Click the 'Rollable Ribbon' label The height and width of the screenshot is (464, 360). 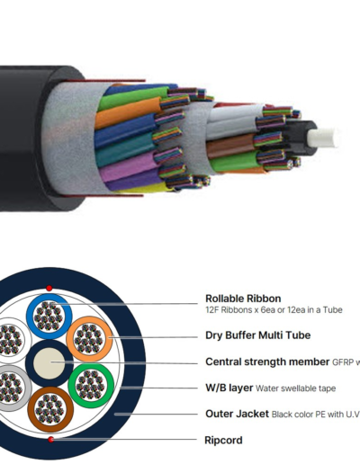click(x=243, y=299)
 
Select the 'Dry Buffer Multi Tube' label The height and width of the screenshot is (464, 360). click(x=258, y=335)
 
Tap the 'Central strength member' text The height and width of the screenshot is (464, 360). click(x=267, y=361)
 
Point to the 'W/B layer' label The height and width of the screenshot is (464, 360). click(x=229, y=388)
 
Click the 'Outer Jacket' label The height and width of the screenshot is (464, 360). click(x=237, y=414)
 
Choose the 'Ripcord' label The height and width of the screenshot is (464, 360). click(x=223, y=441)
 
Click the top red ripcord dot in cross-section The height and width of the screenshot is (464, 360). click(x=49, y=289)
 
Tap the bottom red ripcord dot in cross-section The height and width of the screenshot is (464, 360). click(x=51, y=440)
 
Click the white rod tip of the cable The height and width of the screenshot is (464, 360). click(x=322, y=138)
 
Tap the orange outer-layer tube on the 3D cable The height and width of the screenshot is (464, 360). click(x=128, y=112)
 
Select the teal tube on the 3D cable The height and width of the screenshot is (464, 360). click(x=124, y=151)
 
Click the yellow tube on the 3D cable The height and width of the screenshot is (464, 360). click(x=144, y=188)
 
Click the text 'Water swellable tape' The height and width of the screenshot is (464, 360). click(x=295, y=388)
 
